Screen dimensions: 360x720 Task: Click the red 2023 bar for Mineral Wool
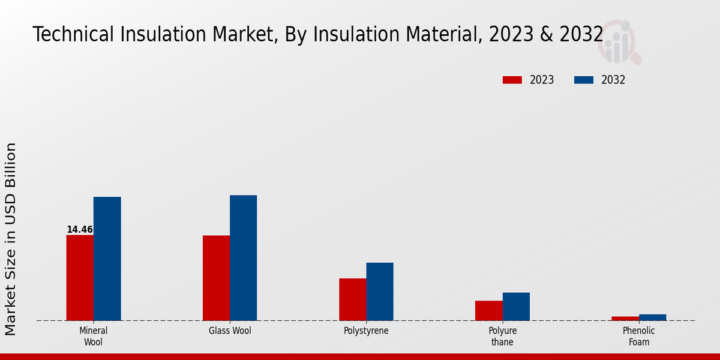tap(80, 277)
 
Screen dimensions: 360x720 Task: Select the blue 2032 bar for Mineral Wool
tap(107, 259)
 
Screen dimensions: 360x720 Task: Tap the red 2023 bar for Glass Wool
tap(216, 278)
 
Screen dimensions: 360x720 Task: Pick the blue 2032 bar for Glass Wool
tap(243, 257)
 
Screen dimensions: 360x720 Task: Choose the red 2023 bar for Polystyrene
tap(352, 299)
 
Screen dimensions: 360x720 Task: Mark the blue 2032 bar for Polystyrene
tap(380, 291)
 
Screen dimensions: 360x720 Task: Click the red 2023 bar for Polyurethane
tap(488, 310)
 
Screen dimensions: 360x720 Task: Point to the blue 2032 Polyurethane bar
tap(516, 306)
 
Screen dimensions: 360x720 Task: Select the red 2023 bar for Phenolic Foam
tap(625, 318)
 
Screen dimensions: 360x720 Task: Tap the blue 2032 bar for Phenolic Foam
tap(652, 317)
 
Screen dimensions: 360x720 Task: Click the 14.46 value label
tap(79, 229)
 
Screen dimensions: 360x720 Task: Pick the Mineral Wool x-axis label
tap(93, 336)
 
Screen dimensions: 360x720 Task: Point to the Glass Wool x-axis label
tap(230, 331)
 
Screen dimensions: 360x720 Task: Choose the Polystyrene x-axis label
tap(366, 331)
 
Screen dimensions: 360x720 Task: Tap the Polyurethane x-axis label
tap(502, 336)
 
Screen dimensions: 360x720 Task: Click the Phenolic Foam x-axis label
tap(639, 336)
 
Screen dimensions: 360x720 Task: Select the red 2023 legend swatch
tap(512, 80)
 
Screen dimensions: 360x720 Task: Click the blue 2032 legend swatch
tap(583, 80)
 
